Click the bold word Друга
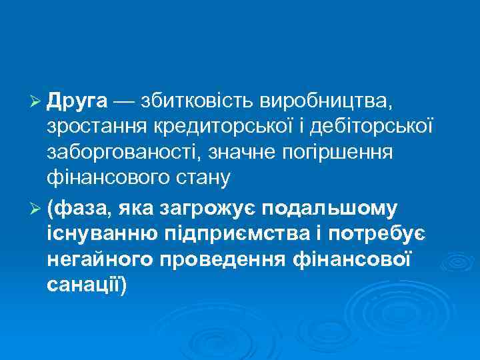point(77,102)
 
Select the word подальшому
point(331,209)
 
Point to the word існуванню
point(101,235)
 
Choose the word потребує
point(376,235)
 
